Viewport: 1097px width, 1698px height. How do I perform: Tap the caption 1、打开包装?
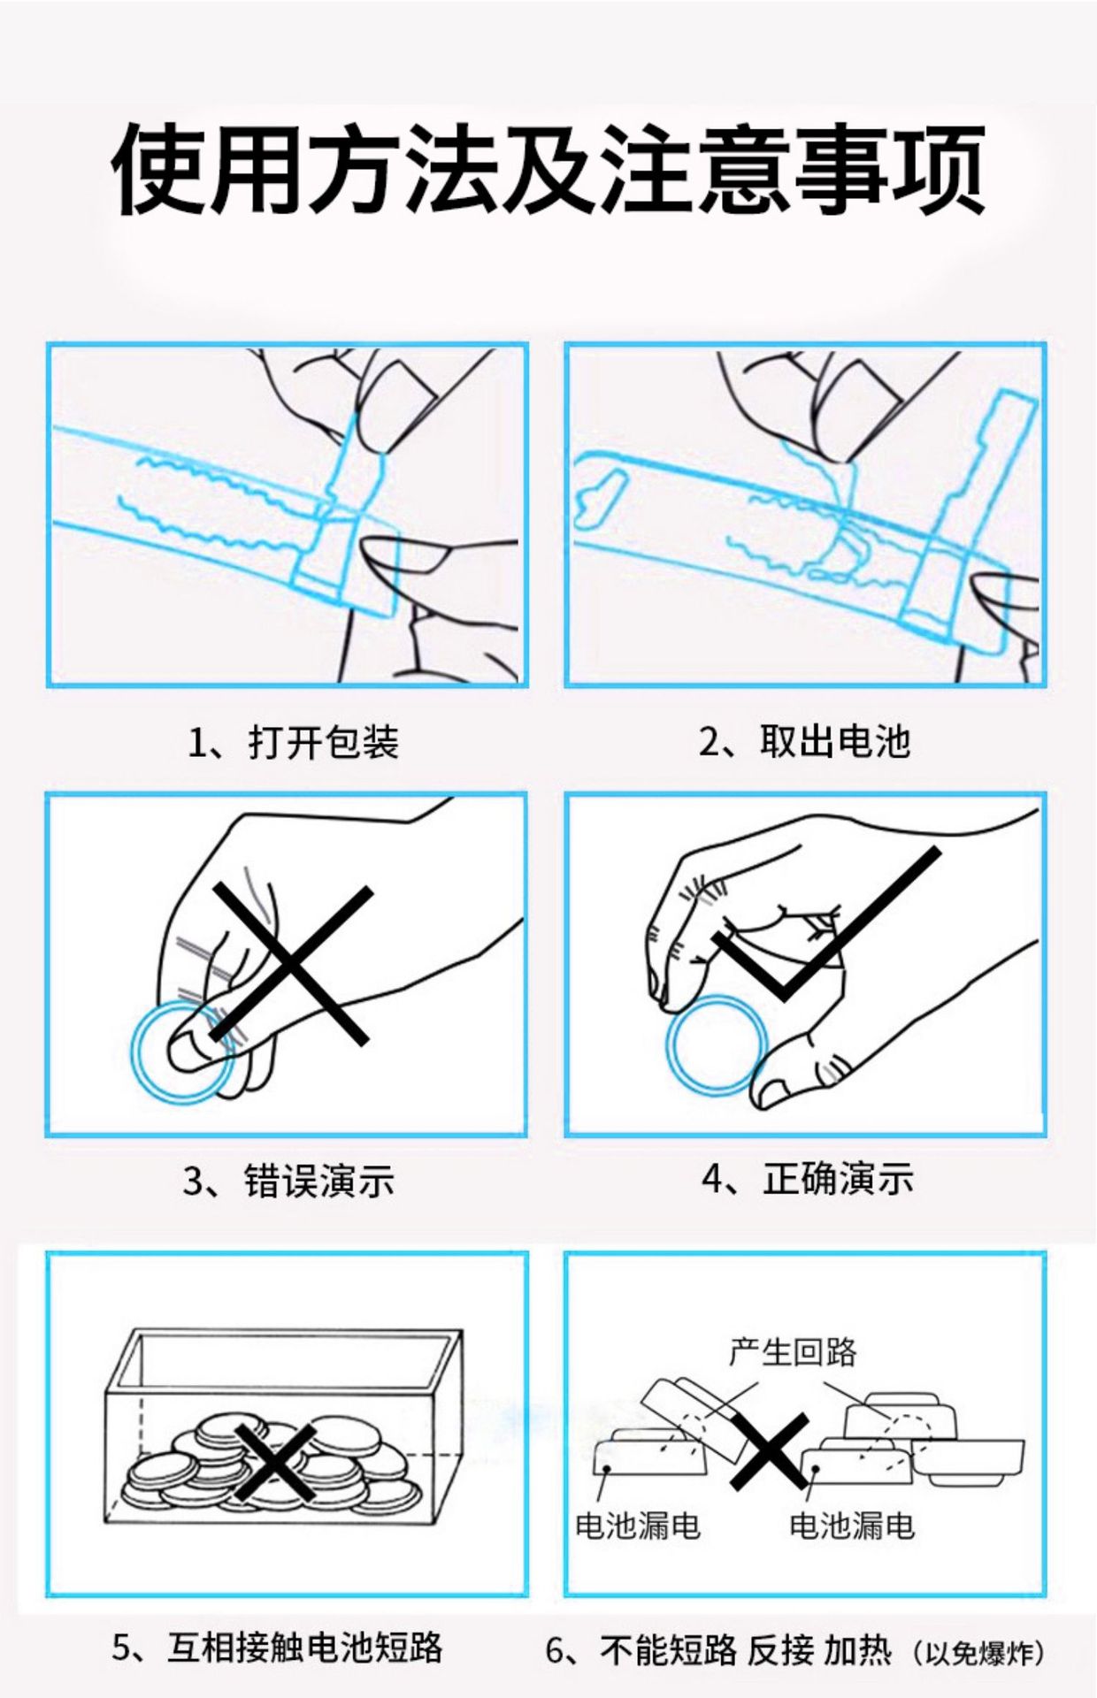pos(294,741)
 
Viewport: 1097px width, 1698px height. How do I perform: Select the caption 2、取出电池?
pos(804,740)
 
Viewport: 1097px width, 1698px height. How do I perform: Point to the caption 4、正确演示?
pos(808,1178)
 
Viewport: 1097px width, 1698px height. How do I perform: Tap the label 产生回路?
pos(793,1352)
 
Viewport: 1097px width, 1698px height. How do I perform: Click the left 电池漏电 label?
pos(638,1525)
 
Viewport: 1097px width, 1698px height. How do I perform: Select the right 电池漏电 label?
pos(852,1525)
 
